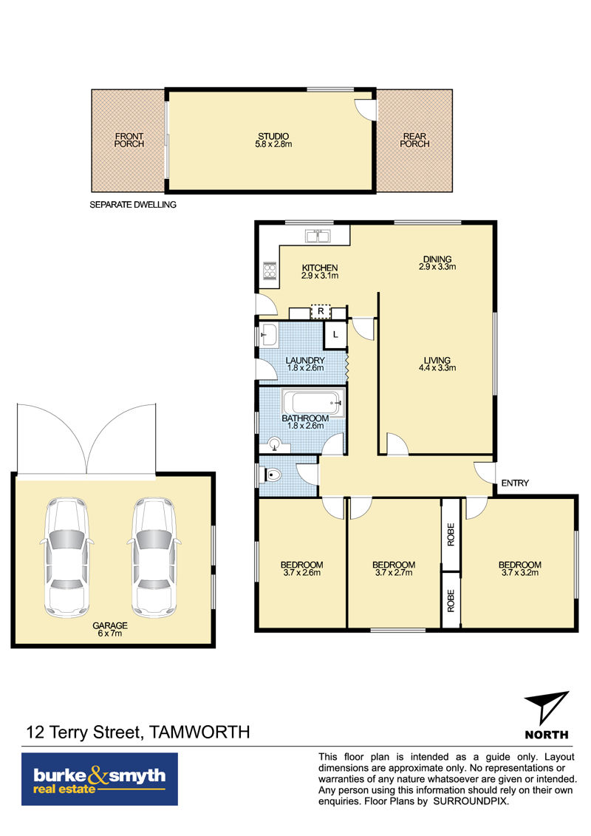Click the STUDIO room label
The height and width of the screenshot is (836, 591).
(x=273, y=136)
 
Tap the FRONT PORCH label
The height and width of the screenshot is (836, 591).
(x=129, y=140)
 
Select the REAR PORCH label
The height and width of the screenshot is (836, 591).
(x=414, y=140)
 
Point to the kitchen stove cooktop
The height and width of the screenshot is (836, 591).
(x=270, y=271)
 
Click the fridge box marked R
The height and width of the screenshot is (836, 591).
(x=321, y=311)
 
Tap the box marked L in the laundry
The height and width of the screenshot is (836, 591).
(x=335, y=335)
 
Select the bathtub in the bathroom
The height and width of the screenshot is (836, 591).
(x=312, y=401)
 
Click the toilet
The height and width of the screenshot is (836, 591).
(x=270, y=474)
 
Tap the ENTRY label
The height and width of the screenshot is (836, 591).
(x=515, y=483)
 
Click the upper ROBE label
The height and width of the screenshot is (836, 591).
(x=451, y=534)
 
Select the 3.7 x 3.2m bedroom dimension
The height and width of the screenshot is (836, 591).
(x=520, y=573)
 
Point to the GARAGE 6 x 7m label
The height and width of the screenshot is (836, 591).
(x=110, y=630)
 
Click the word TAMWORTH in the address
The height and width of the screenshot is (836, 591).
(x=199, y=732)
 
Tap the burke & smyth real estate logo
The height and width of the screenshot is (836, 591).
(x=100, y=779)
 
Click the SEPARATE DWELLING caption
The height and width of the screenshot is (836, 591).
(x=133, y=205)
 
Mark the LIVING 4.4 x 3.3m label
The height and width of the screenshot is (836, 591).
(x=437, y=364)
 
